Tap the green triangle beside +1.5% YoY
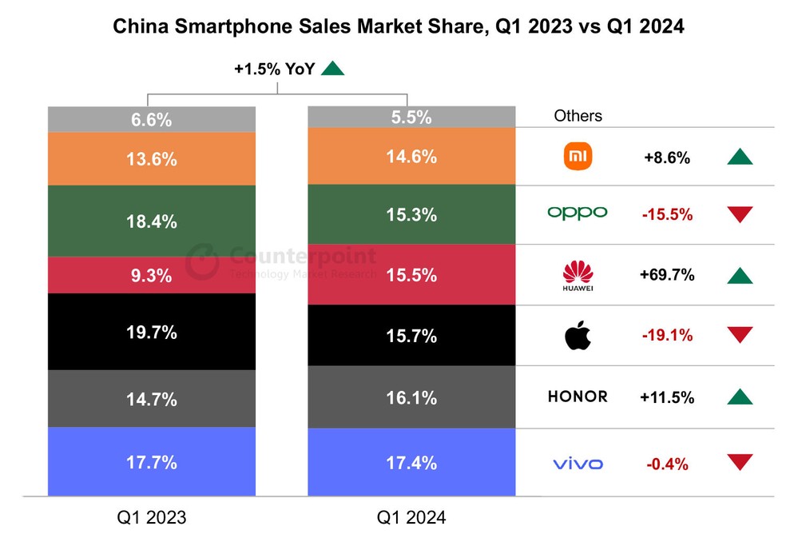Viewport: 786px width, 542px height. point(332,69)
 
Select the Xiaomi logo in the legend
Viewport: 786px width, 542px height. point(578,157)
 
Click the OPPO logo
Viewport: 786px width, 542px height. point(577,213)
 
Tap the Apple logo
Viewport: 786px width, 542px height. point(578,336)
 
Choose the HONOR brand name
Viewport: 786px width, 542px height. point(577,397)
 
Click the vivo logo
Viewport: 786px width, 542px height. point(578,464)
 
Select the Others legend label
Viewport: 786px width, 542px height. point(578,116)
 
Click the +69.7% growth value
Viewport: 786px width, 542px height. point(667,275)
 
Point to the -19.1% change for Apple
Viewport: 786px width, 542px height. point(666,336)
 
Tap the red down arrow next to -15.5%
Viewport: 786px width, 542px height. point(740,214)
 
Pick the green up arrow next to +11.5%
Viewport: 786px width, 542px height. point(740,397)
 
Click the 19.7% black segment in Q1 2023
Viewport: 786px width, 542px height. point(151,332)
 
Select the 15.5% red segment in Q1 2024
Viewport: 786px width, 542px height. point(411,275)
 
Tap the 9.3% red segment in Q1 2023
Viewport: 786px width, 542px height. point(151,276)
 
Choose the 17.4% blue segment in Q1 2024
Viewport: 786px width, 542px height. point(411,462)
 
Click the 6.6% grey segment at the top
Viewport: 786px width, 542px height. point(151,120)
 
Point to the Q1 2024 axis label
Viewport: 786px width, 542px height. point(411,517)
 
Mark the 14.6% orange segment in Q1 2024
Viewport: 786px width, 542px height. point(411,157)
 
